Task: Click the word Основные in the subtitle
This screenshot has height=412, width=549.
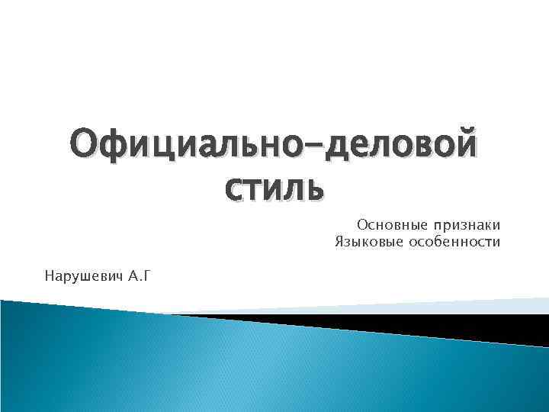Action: [391, 225]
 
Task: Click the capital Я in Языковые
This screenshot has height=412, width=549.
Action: [339, 243]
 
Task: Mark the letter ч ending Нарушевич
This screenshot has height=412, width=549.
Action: [118, 275]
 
